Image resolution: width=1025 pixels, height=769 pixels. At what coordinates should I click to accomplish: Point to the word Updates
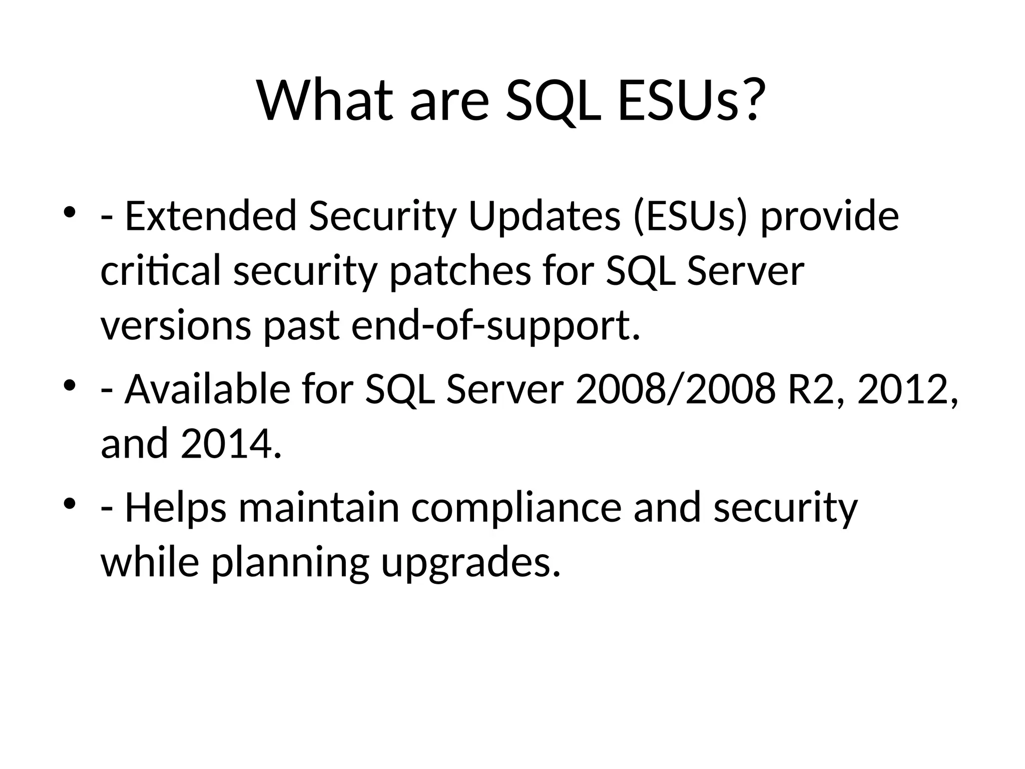544,216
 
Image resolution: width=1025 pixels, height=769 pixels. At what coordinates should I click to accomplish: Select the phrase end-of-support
495,326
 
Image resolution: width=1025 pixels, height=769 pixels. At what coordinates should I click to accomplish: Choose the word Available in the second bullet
207,390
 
